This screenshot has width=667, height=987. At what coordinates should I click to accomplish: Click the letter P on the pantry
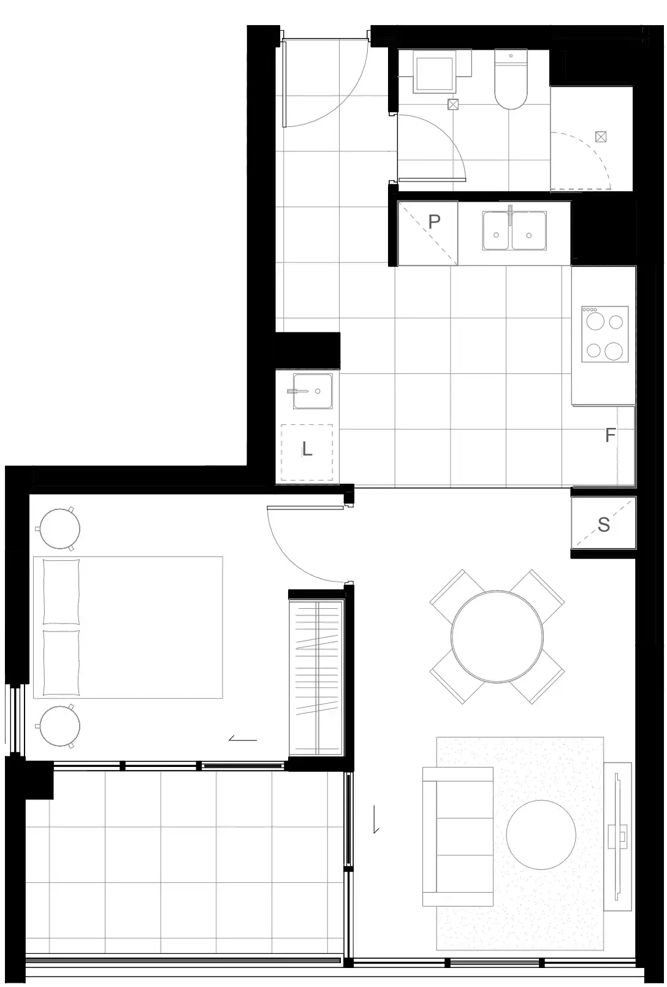tap(434, 221)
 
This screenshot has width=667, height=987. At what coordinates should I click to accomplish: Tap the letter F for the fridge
tap(610, 435)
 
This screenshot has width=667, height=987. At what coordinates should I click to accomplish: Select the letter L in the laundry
tap(307, 449)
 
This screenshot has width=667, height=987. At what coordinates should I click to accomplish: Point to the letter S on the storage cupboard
tap(604, 524)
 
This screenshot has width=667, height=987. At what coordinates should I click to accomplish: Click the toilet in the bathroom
tap(511, 79)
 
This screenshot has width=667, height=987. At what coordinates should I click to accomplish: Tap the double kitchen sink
tap(514, 230)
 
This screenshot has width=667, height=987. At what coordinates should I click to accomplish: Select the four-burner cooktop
tap(604, 334)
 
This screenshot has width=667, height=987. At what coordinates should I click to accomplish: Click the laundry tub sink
tap(313, 391)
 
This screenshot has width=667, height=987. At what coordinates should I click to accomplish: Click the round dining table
tap(497, 636)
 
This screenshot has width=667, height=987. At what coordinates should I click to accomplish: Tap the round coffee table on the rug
tap(541, 834)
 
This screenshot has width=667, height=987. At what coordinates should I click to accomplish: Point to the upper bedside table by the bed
tap(59, 528)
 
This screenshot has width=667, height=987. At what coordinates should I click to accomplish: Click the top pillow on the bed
tap(61, 592)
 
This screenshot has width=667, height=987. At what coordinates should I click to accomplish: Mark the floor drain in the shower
tap(600, 137)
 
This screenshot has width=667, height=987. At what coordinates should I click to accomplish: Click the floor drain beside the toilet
tap(453, 104)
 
